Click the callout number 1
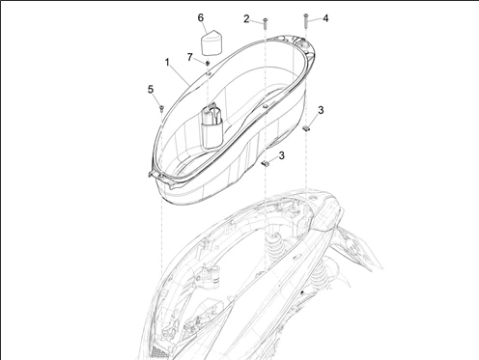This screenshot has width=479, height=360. (168, 62)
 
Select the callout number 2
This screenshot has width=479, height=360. (246, 18)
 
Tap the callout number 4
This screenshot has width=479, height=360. (325, 17)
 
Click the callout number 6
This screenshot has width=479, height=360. (201, 16)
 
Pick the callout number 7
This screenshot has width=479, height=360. (189, 57)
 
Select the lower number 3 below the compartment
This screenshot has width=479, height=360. (281, 154)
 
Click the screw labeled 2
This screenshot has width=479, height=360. (264, 22)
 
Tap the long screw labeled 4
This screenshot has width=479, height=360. (305, 22)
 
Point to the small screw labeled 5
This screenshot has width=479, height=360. (161, 108)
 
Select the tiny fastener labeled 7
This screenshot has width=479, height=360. (208, 64)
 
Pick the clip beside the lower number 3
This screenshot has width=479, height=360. (264, 164)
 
